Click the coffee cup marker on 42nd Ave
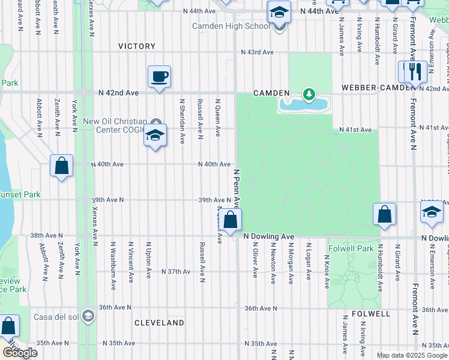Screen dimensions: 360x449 pos(159,77)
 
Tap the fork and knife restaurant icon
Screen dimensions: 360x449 pos(415,71)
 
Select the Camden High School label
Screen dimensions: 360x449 pos(231,26)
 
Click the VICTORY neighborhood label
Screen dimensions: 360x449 pos(137,46)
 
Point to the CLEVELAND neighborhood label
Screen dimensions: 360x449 pos(159,323)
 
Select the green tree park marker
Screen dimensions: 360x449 pos(309,94)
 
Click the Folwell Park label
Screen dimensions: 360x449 pos(351,248)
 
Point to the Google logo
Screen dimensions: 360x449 pos(19,353)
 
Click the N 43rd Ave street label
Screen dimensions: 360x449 pos(257,52)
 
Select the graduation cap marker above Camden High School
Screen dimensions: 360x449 pos(279,12)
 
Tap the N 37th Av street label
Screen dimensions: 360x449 pos(176,272)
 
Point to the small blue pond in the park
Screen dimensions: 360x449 pos(303,104)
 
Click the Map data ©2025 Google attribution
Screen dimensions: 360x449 pos(411,355)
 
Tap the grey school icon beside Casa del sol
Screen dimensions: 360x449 pos(88,316)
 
